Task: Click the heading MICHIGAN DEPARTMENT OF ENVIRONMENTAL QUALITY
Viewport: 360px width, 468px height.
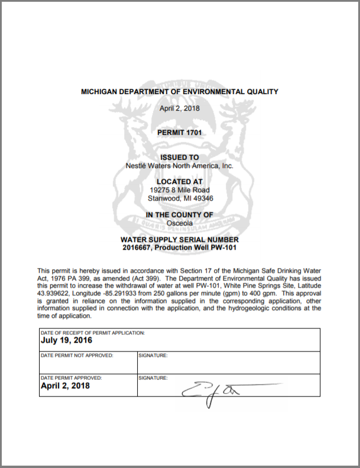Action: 179,92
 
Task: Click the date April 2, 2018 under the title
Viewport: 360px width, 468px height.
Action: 180,108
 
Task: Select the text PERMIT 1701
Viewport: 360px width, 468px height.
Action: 180,133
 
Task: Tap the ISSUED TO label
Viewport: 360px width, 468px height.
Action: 180,158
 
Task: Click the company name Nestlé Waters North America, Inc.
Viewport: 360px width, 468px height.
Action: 180,166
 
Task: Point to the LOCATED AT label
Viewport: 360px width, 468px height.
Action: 180,182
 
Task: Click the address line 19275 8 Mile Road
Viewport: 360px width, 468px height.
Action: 180,190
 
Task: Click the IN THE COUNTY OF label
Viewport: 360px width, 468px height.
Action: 180,214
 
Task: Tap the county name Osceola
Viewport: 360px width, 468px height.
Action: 180,222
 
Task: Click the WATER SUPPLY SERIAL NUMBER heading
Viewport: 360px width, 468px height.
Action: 180,239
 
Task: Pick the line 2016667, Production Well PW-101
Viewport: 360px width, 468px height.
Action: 180,247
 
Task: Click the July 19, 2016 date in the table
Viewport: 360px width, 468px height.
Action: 66,341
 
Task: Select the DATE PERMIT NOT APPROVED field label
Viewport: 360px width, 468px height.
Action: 77,356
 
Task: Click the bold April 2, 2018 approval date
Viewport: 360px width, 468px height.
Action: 65,386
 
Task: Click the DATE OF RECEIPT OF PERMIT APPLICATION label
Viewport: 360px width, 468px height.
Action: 92,333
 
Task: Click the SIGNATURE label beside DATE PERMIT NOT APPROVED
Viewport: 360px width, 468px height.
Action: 153,356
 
